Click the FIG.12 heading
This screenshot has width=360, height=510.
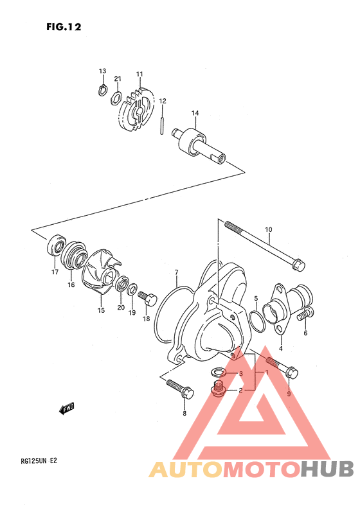(64, 27)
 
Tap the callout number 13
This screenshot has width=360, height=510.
(102, 71)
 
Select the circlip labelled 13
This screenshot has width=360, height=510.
(102, 90)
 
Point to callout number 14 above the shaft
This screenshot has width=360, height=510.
(195, 113)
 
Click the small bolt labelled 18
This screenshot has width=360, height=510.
(147, 298)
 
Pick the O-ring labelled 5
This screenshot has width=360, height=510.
(256, 321)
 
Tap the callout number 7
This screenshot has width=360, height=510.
(177, 272)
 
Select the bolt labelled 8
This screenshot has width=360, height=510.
(180, 389)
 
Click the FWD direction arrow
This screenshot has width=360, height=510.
(67, 409)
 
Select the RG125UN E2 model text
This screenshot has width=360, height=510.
(39, 461)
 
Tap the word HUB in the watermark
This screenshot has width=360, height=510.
(327, 470)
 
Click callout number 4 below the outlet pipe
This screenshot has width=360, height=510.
(281, 349)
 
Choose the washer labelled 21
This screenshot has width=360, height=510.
(116, 98)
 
